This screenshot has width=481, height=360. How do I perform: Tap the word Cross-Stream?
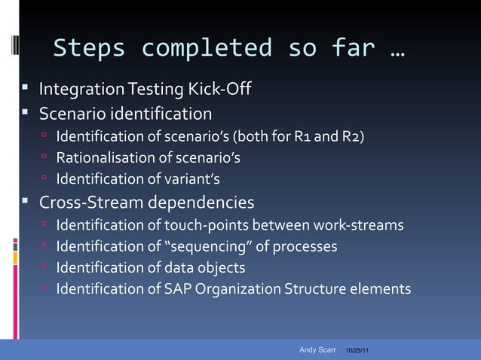click(91, 203)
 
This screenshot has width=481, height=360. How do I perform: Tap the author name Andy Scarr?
click(317, 350)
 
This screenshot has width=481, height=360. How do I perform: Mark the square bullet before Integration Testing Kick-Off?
click(25, 91)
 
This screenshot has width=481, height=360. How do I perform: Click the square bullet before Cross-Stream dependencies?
click(25, 202)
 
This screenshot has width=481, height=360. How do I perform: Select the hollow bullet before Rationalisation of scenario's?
click(44, 157)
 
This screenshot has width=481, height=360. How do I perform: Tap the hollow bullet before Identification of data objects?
click(44, 267)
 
